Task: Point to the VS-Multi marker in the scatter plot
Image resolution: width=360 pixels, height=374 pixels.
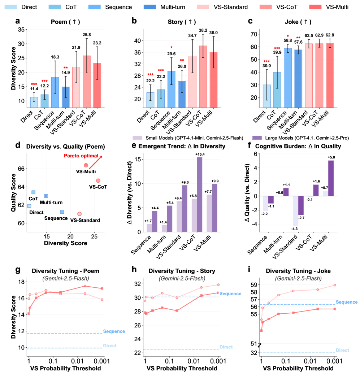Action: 86,165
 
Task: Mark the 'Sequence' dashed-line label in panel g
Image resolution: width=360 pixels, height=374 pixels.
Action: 114,331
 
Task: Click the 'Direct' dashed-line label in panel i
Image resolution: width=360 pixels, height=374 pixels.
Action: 342,350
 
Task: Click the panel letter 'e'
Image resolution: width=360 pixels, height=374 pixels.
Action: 134,146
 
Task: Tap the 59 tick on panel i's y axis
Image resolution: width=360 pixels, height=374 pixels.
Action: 253,284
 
